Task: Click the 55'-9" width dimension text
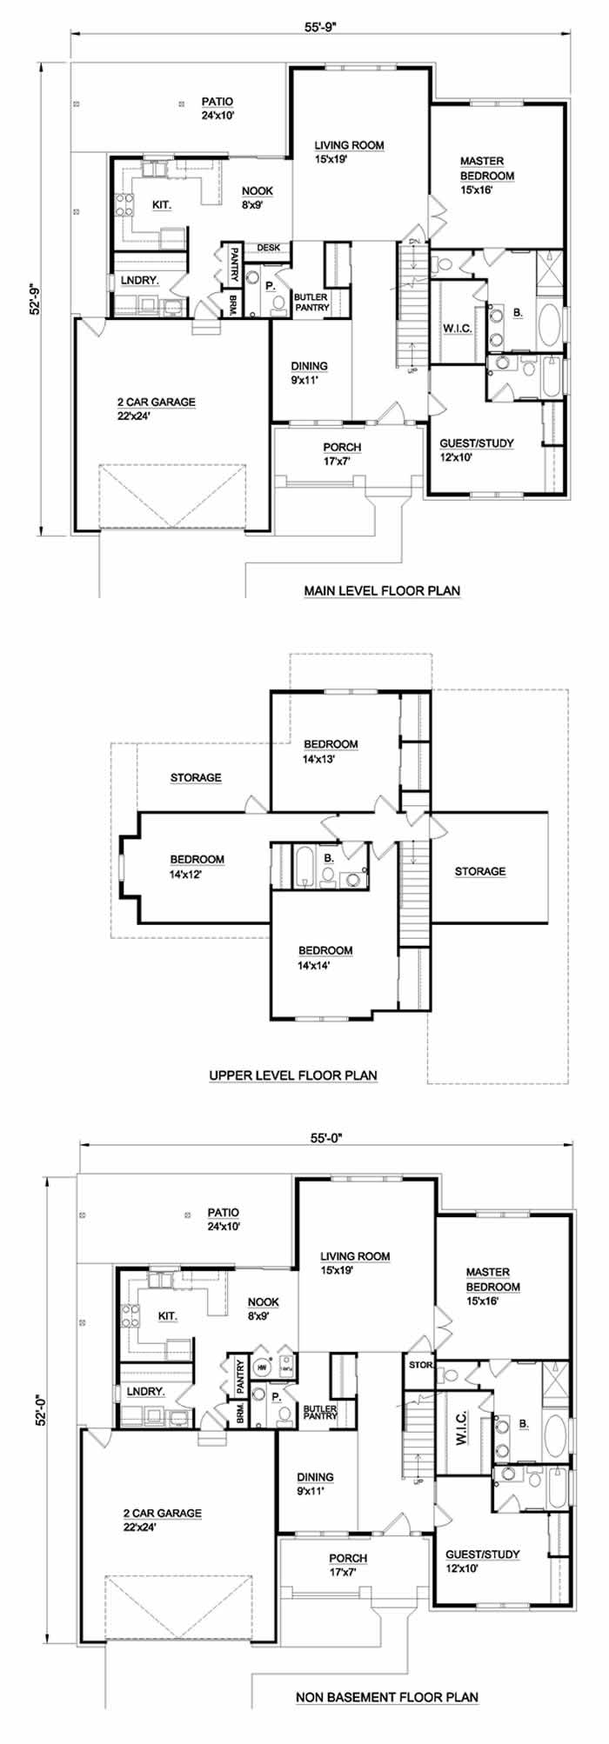point(321,26)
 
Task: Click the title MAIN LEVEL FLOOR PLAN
point(382,591)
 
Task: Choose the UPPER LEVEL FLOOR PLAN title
point(293,1075)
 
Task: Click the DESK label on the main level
point(269,248)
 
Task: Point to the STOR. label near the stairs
point(420,1365)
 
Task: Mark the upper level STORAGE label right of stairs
point(480,871)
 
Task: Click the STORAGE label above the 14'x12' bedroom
point(196,777)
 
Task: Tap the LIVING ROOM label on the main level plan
point(350,145)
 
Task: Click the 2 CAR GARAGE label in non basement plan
point(162,1513)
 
